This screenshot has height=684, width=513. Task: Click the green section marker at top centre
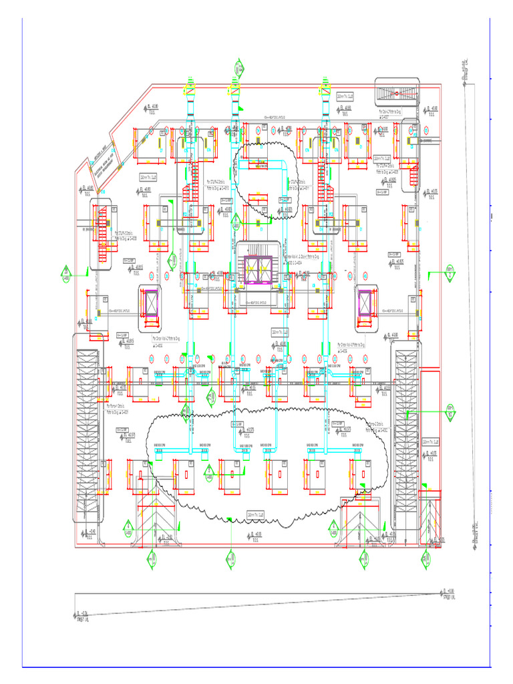click(x=238, y=69)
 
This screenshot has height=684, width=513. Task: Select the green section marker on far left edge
click(x=67, y=273)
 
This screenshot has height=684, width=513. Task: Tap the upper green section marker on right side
click(x=450, y=272)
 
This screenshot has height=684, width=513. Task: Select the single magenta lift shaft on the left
click(x=148, y=305)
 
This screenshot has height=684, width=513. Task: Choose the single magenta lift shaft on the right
click(x=366, y=305)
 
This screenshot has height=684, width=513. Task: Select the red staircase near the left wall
click(x=102, y=234)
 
